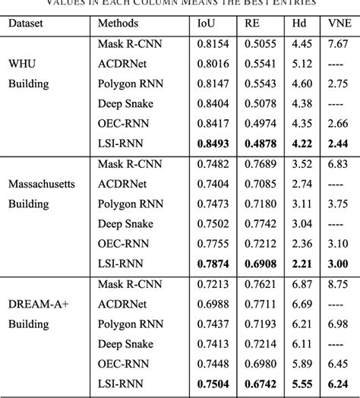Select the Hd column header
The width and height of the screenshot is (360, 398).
click(299, 24)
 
